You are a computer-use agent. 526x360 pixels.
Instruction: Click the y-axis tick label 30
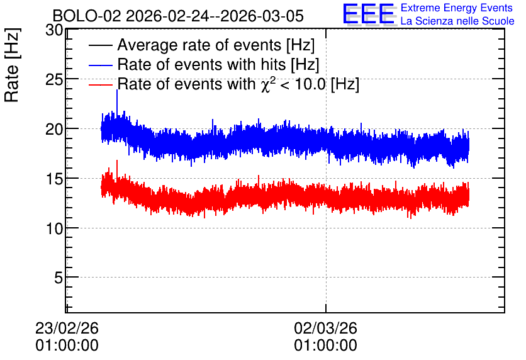tap(54, 31)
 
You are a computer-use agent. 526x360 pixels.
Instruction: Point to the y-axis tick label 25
tap(54, 80)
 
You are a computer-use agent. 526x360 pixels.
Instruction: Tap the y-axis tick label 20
tap(54, 129)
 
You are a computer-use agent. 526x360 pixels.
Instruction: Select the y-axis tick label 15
tap(54, 179)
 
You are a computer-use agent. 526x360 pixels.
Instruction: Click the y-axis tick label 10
tap(54, 228)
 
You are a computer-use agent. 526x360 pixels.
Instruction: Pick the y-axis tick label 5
tap(59, 278)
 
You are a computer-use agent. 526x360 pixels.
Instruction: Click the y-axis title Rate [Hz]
tap(12, 65)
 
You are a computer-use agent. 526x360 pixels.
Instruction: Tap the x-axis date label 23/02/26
tap(67, 328)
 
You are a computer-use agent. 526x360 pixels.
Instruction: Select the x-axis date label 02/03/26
tap(326, 328)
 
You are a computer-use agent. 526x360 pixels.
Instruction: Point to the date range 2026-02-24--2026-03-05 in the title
tap(215, 16)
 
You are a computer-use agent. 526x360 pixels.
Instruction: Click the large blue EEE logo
tap(369, 14)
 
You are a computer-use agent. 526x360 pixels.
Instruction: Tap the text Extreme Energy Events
tap(457, 8)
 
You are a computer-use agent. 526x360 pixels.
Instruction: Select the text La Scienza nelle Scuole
tap(457, 21)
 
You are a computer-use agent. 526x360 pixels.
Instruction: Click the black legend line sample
tap(101, 45)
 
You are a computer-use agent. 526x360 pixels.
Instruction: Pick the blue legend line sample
tap(101, 65)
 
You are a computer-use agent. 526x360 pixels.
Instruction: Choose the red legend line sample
tap(101, 84)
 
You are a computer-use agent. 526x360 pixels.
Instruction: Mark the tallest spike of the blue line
tap(117, 90)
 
